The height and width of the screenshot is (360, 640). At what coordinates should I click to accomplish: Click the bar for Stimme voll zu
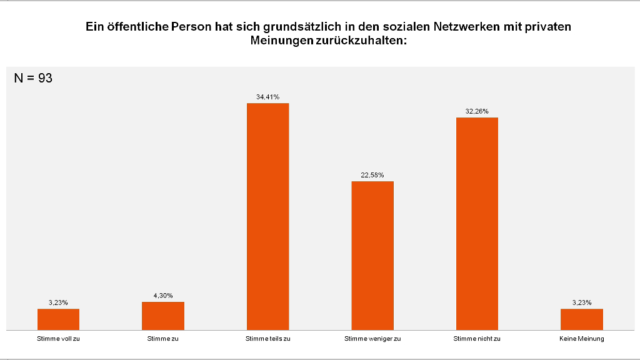(58, 319)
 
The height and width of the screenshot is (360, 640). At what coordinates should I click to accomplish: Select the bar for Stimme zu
(163, 316)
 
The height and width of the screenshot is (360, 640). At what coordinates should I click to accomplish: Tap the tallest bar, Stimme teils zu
(268, 216)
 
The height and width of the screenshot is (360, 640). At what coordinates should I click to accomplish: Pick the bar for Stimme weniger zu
(372, 255)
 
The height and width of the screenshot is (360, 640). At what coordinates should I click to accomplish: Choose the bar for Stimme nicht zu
(477, 223)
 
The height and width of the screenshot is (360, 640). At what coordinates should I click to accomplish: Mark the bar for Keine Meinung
(582, 319)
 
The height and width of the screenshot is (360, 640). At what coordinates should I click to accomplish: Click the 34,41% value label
(267, 97)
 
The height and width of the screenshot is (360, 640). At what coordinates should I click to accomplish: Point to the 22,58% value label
(372, 175)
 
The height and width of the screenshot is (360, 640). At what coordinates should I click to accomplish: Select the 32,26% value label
(477, 111)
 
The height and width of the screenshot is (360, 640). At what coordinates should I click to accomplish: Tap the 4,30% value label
(163, 296)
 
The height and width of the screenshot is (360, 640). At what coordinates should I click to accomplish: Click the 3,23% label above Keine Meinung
(582, 302)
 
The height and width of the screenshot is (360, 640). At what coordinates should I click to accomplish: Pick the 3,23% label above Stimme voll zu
(58, 302)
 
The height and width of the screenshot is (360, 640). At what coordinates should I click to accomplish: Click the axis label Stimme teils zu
(268, 339)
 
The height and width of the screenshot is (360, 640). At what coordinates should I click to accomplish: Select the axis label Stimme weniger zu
(372, 339)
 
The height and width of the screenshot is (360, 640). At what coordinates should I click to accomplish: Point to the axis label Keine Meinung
(582, 339)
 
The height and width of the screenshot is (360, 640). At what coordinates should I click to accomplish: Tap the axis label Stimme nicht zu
(477, 339)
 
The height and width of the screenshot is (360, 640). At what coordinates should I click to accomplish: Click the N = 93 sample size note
(33, 78)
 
